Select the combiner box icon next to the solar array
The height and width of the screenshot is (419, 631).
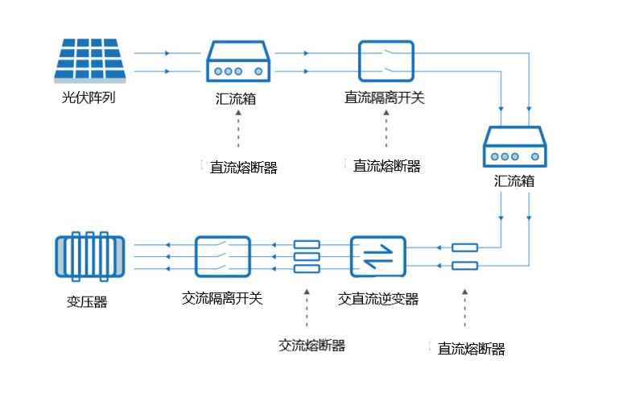point(236,61)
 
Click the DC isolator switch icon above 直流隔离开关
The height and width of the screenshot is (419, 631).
point(386,61)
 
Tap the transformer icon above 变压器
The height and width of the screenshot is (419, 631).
point(89,257)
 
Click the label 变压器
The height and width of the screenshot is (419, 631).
point(87,303)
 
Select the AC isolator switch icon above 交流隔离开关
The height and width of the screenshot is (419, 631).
point(223,257)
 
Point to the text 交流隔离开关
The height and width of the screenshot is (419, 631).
point(222,298)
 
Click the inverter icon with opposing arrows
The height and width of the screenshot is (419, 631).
point(378,257)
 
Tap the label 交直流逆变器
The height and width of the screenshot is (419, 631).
point(378,299)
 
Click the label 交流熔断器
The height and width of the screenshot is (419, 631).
point(311,346)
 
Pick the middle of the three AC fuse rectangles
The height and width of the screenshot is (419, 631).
point(307,256)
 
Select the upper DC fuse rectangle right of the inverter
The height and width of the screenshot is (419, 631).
point(464,247)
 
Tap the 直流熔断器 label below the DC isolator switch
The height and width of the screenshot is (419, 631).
point(387,167)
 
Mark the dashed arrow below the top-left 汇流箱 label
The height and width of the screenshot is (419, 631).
point(237,132)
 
